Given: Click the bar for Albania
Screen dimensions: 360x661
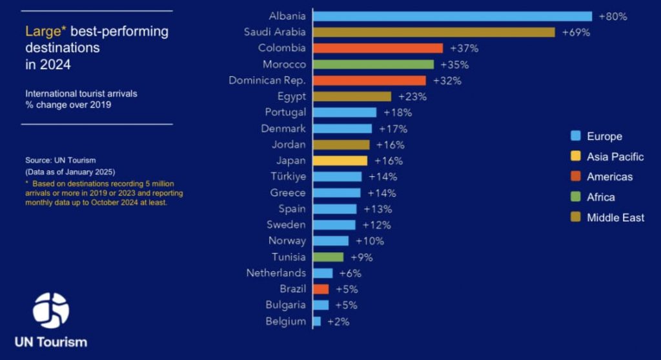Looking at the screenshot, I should coord(453,16).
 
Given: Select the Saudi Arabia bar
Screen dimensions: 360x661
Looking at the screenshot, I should coord(434,32).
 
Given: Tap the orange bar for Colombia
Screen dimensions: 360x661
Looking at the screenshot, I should coord(378,48).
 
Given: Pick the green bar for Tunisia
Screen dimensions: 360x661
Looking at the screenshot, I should coord(329,257).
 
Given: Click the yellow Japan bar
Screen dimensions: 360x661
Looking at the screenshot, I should coord(340,161).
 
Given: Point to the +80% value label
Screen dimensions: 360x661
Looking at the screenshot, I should coord(613,16).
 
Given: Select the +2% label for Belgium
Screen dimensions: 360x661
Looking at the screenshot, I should coord(338,321).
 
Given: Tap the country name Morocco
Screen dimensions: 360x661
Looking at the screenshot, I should coord(284,65).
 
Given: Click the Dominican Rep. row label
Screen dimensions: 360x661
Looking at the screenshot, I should coord(267,81).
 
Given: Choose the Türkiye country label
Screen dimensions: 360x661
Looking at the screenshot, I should coord(289,177).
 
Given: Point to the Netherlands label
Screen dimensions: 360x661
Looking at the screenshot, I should coord(276,273).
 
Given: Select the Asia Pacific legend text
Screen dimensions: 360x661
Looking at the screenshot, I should coord(615,157).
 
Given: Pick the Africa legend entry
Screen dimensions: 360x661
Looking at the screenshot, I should coord(600,197).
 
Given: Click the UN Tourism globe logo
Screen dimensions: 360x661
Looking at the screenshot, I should coord(51,311).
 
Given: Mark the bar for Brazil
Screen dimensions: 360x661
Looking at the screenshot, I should coord(321,289).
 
